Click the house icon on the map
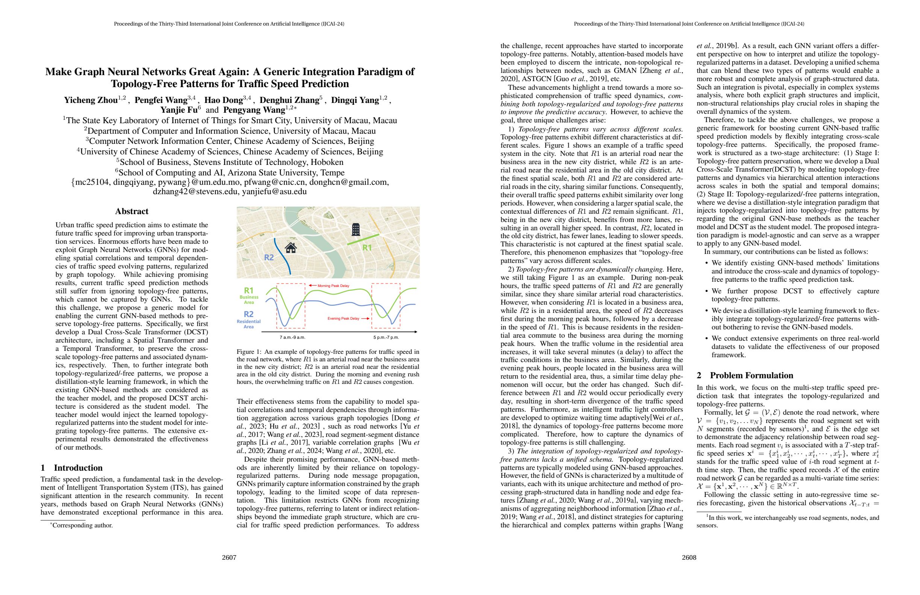tap(291, 248)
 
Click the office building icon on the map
tap(356, 230)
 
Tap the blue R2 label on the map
tap(269, 257)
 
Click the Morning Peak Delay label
tap(333, 286)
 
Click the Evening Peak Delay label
tap(343, 319)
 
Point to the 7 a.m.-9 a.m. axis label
tap(292, 337)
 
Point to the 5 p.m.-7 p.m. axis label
tap(386, 337)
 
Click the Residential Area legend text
tap(248, 324)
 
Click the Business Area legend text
tap(249, 299)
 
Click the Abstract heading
tap(132, 211)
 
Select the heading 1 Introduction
tap(71, 468)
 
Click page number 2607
tap(229, 557)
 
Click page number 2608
tap(689, 557)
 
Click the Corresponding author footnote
tap(82, 526)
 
